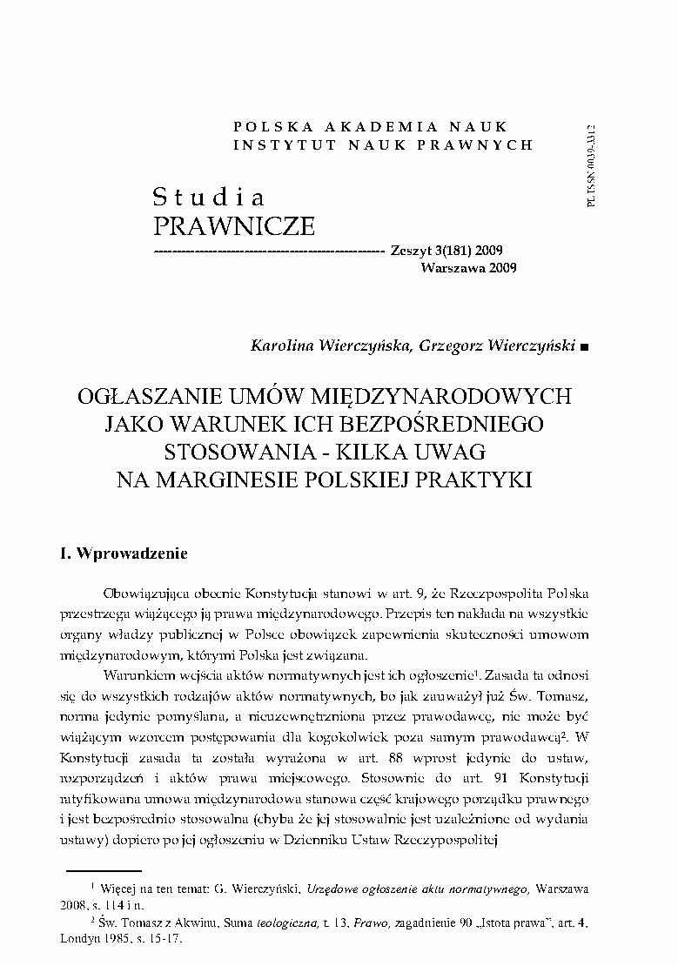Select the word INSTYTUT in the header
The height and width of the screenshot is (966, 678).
click(273, 144)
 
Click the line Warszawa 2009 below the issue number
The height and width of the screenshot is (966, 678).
click(468, 268)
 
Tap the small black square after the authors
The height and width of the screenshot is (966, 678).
click(583, 346)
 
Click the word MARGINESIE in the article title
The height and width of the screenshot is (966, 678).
click(261, 480)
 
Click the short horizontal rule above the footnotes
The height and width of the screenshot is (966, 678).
click(104, 869)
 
